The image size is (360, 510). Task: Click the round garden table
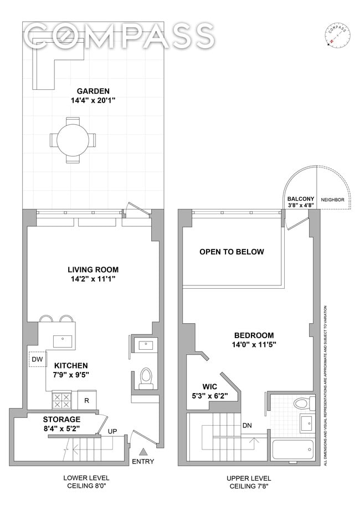73,140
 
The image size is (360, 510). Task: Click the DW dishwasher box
37,360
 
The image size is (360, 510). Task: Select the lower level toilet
146,376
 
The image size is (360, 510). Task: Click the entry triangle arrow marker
143,451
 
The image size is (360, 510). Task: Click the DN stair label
249,426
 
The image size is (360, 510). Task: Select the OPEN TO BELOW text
232,252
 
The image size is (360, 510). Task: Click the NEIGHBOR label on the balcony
332,200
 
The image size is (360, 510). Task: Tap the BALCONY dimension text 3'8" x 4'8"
301,205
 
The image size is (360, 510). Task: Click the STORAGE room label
61,419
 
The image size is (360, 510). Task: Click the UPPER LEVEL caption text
248,478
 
